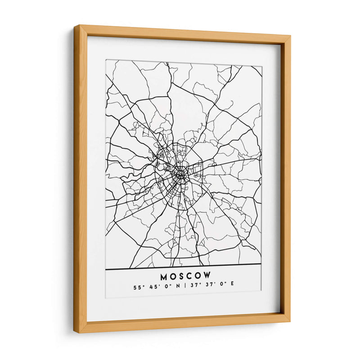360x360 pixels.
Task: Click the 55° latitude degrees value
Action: [136, 285]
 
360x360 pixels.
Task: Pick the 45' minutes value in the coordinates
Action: [151, 285]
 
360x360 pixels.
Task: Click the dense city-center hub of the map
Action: [181, 173]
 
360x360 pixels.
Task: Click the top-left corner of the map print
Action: [106, 60]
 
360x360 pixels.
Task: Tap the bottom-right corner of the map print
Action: [261, 297]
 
